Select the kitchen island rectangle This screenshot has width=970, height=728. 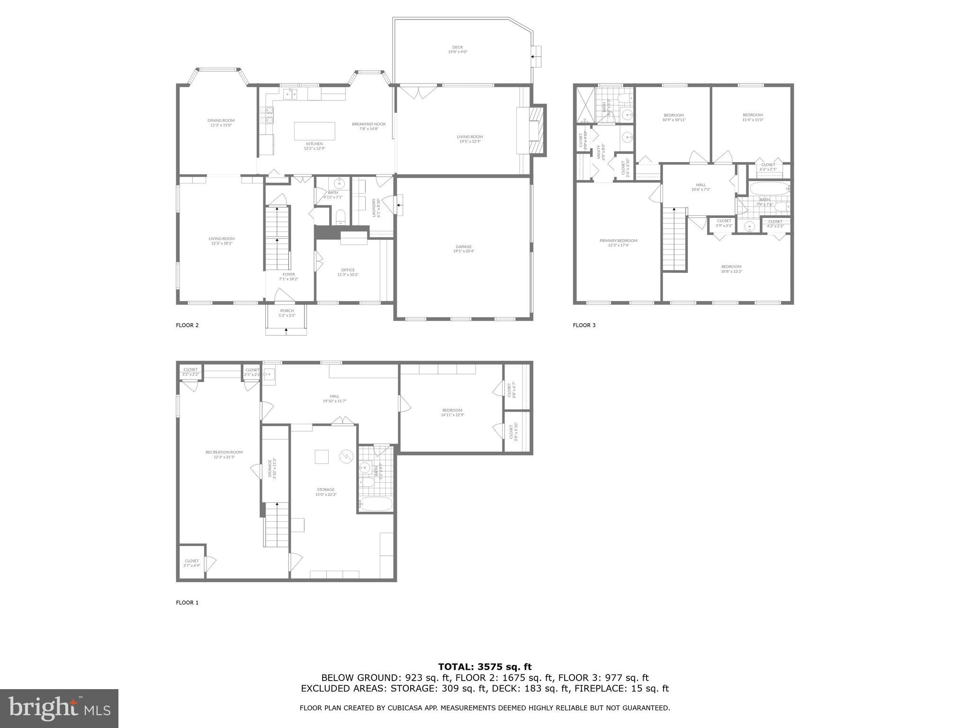click(x=314, y=131)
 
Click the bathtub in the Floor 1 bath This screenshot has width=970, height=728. click(x=376, y=503)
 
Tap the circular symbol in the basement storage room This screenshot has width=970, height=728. click(x=346, y=456)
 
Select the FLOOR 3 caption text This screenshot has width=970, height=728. click(x=584, y=325)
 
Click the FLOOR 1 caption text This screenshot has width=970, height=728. click(x=187, y=603)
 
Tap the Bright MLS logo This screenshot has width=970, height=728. click(x=59, y=708)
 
